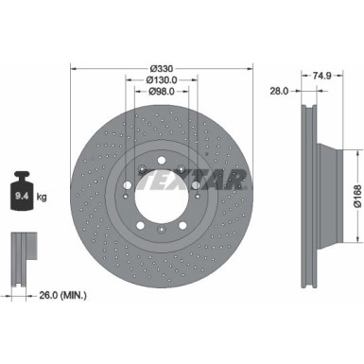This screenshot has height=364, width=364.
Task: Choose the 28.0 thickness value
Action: pyautogui.click(x=278, y=91)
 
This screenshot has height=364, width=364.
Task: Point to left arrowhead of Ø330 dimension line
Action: pyautogui.click(x=73, y=68)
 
